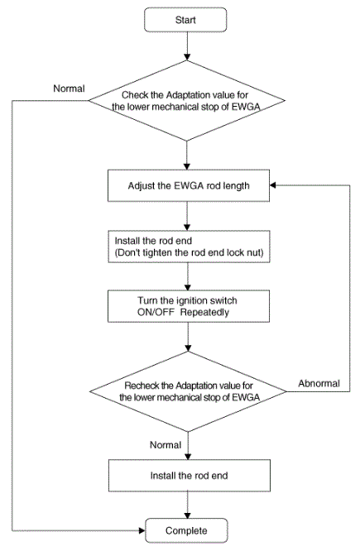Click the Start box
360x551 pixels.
pos(185,20)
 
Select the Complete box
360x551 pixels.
pos(186,530)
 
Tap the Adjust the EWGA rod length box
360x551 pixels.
pos(189,185)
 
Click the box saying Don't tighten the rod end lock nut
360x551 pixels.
pos(189,247)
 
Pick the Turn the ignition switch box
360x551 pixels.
pos(189,306)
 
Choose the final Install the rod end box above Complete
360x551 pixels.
pos(190,476)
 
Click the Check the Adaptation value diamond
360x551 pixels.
pos(187,101)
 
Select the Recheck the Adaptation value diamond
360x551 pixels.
pos(188,391)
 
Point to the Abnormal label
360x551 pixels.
pos(319,383)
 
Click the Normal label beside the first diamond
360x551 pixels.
pos(69,89)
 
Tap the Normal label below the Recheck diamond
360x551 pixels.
pos(166,445)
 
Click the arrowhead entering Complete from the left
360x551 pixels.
pos(142,530)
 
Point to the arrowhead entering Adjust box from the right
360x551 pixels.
pos(273,185)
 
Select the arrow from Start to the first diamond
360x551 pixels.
pos(187,46)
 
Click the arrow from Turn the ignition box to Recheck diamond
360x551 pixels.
pos(188,337)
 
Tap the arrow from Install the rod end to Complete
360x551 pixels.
pos(188,505)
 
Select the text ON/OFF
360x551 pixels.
pos(156,312)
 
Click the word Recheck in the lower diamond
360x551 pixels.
pos(142,386)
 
